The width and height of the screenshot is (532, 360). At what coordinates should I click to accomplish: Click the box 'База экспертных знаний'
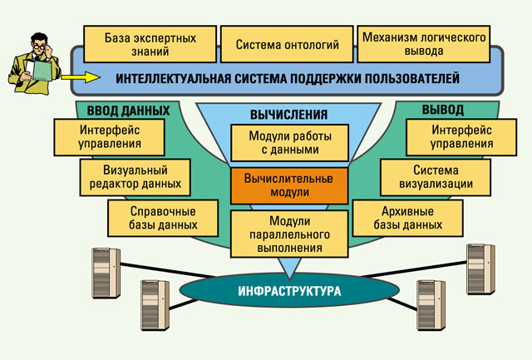pyautogui.click(x=150, y=44)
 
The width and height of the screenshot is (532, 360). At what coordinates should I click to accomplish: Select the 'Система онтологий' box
pyautogui.click(x=287, y=44)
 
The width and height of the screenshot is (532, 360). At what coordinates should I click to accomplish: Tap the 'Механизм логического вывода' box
pyautogui.click(x=424, y=44)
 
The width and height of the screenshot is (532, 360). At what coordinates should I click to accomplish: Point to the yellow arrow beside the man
pyautogui.click(x=81, y=77)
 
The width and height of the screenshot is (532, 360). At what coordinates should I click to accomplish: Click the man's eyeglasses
pyautogui.click(x=39, y=47)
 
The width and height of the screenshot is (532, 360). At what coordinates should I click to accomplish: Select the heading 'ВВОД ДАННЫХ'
pyautogui.click(x=128, y=111)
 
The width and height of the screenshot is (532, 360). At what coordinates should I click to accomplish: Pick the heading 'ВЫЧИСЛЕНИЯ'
pyautogui.click(x=289, y=115)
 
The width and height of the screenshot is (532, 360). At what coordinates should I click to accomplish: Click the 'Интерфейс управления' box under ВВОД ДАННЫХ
pyautogui.click(x=109, y=137)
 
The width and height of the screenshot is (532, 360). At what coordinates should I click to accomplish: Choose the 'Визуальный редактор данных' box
pyautogui.click(x=135, y=177)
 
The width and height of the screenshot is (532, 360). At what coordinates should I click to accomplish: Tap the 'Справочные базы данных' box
pyautogui.click(x=163, y=218)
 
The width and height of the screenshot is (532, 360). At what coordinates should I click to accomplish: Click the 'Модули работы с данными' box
pyautogui.click(x=290, y=143)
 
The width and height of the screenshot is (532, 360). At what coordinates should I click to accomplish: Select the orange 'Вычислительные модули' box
pyautogui.click(x=289, y=185)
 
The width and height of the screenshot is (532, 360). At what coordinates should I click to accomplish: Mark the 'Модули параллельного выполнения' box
pyautogui.click(x=289, y=234)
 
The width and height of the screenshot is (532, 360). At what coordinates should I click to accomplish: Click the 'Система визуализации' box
pyautogui.click(x=436, y=177)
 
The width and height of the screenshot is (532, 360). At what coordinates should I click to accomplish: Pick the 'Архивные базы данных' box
pyautogui.click(x=408, y=218)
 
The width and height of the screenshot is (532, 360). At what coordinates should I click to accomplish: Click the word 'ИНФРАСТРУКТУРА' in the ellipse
pyautogui.click(x=289, y=291)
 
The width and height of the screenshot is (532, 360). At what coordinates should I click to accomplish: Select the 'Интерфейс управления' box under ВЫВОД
pyautogui.click(x=461, y=137)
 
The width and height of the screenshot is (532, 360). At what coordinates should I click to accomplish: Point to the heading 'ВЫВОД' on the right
pyautogui.click(x=443, y=110)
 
